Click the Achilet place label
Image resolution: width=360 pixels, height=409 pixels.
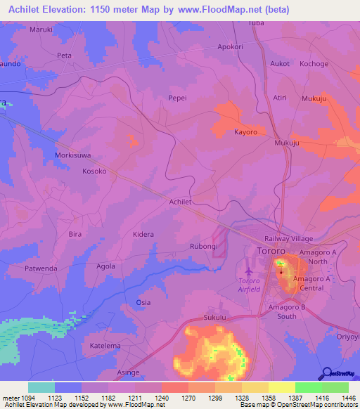[x=180, y=202]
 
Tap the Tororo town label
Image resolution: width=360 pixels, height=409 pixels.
[x=271, y=251]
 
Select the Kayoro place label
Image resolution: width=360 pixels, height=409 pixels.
[x=245, y=132]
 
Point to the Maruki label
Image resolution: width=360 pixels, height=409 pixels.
[x=41, y=30]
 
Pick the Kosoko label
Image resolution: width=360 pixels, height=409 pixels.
[x=94, y=171]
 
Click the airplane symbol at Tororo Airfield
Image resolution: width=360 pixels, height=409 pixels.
[x=247, y=270]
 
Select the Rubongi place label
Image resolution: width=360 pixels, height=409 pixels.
[x=203, y=247]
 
